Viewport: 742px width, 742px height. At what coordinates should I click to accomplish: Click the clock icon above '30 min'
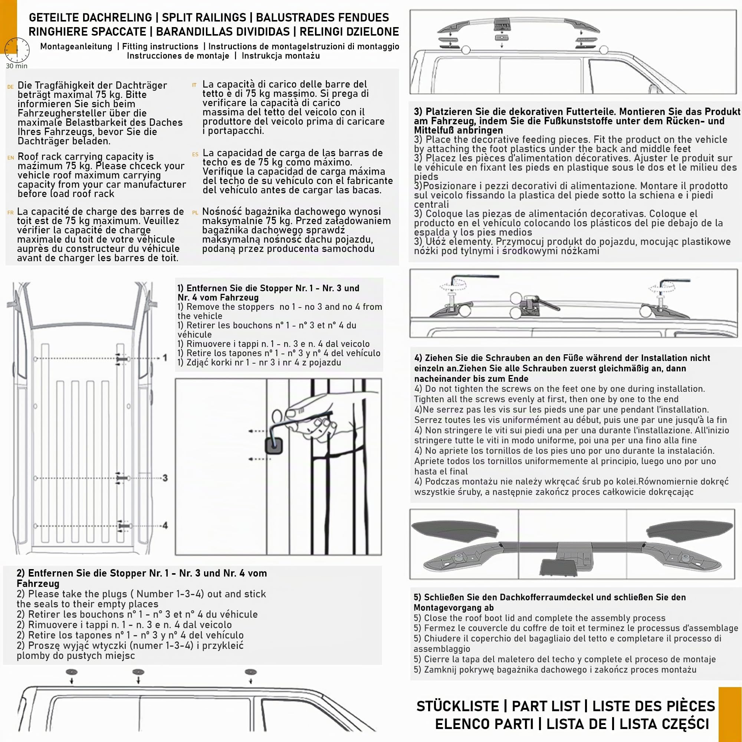pos(17,50)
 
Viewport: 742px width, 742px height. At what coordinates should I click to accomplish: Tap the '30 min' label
pos(17,66)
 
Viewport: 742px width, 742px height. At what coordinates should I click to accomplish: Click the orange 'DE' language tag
pos(10,87)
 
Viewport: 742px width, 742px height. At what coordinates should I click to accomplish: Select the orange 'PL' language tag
pos(195,213)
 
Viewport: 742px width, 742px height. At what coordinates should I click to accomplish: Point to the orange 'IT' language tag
pos(194,85)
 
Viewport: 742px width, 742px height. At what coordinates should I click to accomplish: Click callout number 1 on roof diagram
pos(165,358)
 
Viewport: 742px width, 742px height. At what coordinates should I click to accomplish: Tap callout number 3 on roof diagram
pos(165,478)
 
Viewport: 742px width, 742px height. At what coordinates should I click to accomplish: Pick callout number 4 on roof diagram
pos(165,525)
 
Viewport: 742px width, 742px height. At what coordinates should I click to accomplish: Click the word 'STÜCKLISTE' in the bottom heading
pos(458,706)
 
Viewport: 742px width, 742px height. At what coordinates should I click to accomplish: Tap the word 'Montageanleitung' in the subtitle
pos(76,46)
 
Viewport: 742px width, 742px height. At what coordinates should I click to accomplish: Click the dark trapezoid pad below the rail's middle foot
pos(558,567)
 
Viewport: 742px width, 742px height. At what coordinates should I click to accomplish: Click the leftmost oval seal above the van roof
pos(72,672)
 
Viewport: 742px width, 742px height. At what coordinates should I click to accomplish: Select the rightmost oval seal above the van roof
pos(250,672)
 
